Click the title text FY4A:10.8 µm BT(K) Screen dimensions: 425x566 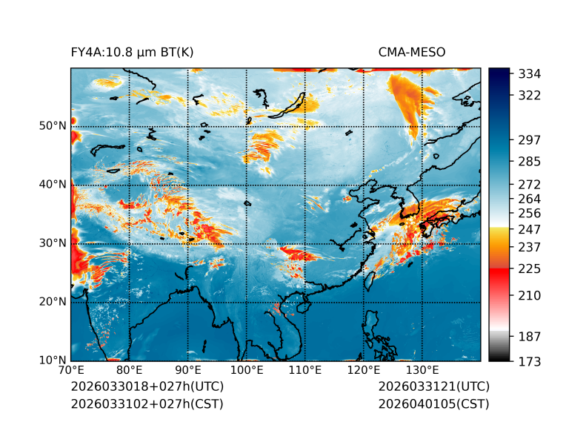coord(132,53)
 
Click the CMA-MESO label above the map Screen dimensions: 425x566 coord(411,53)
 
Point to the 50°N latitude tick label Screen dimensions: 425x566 coord(53,125)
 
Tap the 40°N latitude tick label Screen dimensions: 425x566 coord(53,184)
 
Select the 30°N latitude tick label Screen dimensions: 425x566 coord(53,243)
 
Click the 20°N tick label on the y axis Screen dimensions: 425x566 coord(53,302)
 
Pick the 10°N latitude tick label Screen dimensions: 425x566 coord(53,360)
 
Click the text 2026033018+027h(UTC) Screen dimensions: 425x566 coord(147,387)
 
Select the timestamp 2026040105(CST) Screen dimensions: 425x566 coord(433,404)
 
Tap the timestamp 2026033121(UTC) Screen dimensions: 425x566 coord(433,387)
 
